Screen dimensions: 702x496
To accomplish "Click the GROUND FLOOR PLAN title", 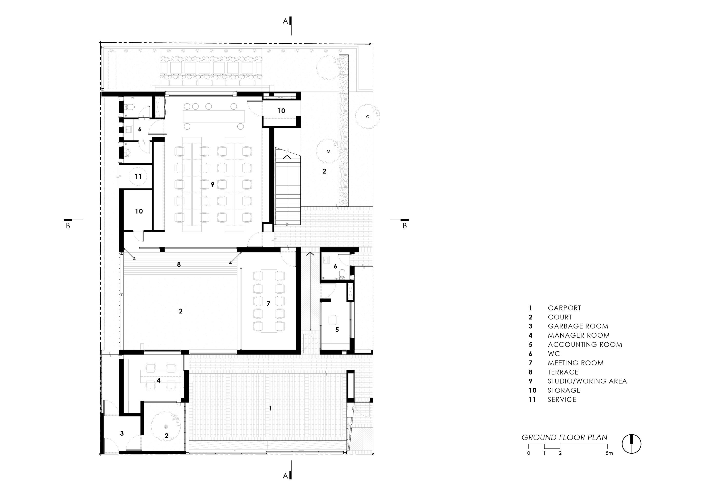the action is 565,438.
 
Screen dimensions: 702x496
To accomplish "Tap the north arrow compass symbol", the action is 632,444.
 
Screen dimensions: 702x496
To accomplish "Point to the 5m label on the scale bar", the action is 609,453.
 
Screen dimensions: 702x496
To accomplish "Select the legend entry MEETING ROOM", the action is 576,363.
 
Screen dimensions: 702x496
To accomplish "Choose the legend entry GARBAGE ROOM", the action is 578,326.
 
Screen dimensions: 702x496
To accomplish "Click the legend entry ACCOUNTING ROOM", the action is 585,345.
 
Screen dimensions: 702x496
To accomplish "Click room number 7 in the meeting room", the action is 268,304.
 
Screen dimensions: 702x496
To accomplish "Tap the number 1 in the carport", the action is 270,408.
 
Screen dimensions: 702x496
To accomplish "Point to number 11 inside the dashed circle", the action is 138,177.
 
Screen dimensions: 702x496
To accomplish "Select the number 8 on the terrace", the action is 179,264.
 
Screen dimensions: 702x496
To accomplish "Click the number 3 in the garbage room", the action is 122,433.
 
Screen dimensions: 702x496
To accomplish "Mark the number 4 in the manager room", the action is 159,380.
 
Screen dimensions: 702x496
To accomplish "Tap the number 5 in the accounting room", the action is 337,329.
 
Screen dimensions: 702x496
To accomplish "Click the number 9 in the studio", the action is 212,185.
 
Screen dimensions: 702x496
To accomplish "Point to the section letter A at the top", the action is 285,21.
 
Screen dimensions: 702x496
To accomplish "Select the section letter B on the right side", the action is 405,226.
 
